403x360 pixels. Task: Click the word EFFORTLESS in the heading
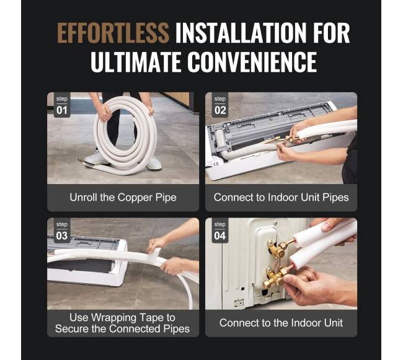pos(113,33)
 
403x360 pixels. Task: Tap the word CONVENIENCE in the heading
pos(252,62)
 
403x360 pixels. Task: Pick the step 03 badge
pos(62,232)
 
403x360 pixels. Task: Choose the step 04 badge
pos(220,232)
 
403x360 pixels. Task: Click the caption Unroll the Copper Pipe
pos(123,198)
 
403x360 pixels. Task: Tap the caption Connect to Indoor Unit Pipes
pos(281,198)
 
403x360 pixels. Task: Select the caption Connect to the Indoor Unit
pos(281,323)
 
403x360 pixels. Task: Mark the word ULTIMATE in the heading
pos(135,62)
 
